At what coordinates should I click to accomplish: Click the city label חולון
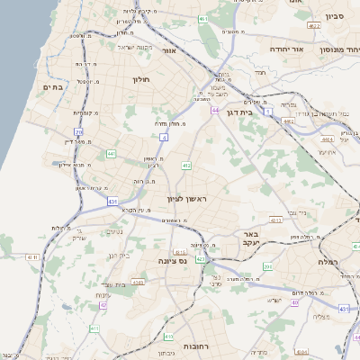(140, 79)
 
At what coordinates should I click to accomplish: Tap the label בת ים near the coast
(51, 86)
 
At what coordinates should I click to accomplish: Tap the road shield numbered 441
(111, 155)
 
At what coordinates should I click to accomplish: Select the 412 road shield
(186, 166)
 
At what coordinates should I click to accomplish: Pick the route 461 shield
(204, 18)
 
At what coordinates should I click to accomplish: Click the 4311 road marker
(33, 257)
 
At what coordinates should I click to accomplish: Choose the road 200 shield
(267, 266)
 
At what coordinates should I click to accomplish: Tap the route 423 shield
(201, 259)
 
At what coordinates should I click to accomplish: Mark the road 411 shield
(94, 328)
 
